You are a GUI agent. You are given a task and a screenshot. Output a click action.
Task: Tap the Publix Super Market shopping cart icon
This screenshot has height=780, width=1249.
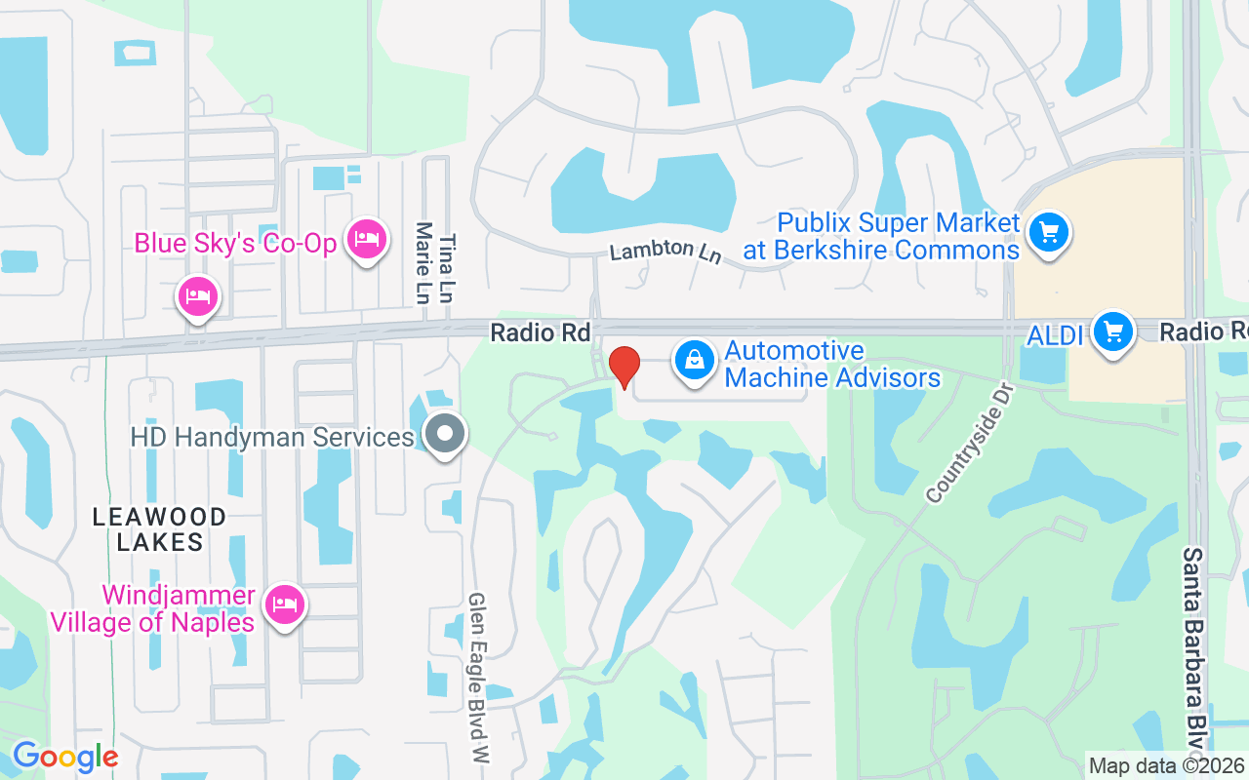1049,233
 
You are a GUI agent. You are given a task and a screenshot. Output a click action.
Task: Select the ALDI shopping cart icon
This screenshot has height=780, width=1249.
1111,333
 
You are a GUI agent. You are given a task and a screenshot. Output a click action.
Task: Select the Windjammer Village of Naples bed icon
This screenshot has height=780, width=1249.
284,604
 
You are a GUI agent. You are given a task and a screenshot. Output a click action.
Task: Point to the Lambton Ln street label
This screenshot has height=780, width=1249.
665,251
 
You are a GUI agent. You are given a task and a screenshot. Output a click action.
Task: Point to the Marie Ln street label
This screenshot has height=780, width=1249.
423,263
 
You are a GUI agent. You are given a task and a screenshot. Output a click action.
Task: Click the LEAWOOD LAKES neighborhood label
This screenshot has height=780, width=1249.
160,529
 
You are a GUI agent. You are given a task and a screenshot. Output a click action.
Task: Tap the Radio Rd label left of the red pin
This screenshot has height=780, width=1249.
541,332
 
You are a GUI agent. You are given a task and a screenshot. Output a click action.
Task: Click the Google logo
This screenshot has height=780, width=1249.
65,757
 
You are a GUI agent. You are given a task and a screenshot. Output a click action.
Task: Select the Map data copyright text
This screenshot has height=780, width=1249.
1167,765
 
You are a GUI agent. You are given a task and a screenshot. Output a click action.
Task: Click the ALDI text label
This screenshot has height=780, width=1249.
1056,335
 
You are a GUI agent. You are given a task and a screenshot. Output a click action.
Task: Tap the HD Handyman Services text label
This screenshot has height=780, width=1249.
272,436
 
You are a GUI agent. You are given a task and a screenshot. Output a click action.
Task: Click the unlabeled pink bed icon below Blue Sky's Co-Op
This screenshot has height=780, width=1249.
198,295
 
